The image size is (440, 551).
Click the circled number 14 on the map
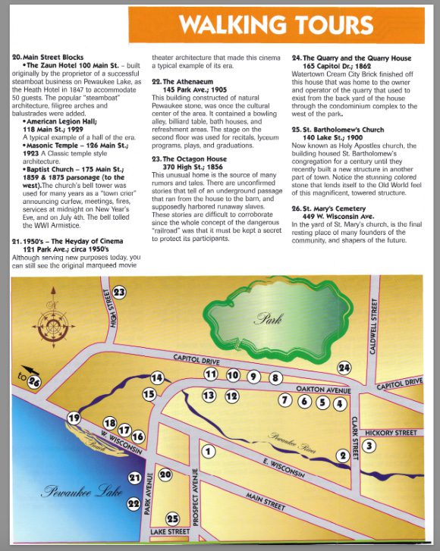click(x=157, y=377)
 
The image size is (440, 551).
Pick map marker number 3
click(x=369, y=446)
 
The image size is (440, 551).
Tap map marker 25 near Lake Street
click(x=173, y=519)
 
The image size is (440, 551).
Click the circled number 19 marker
click(x=74, y=418)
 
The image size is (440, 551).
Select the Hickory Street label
click(x=391, y=433)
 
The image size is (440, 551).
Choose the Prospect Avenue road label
click(x=195, y=499)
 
